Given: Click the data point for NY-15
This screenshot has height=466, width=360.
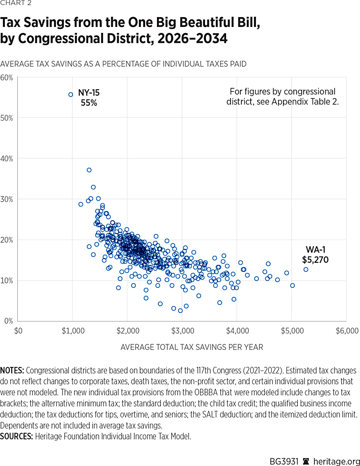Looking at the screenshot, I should [x=71, y=95].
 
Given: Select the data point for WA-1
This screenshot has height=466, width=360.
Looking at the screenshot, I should [x=306, y=269].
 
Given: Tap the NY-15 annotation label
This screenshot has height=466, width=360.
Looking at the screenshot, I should [x=89, y=92].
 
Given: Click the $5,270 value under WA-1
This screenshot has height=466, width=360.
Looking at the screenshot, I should [x=315, y=259].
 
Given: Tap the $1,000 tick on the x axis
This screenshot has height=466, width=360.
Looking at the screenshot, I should [x=72, y=331].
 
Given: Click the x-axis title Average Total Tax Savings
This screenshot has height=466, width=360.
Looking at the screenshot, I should [x=192, y=347].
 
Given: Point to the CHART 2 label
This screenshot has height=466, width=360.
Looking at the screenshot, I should [x=15, y=5].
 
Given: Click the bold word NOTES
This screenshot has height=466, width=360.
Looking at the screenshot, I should [x=15, y=371].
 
